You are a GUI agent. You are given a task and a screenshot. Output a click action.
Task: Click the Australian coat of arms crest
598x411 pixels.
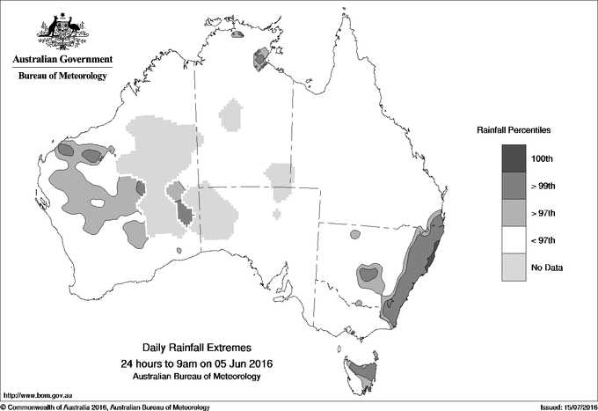coord(62,31)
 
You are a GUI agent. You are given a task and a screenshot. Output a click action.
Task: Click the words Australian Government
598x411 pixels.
coord(62,60)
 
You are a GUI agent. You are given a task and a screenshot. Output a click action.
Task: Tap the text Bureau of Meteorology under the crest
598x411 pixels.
coord(62,77)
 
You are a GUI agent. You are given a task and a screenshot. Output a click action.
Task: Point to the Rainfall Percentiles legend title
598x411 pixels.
coord(514,129)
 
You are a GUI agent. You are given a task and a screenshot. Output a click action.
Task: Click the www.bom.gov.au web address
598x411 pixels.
coord(35,395)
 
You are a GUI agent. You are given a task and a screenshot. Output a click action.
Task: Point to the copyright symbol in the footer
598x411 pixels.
coord(4,406)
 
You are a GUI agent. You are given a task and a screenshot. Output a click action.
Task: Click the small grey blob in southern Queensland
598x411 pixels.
coord(355,235)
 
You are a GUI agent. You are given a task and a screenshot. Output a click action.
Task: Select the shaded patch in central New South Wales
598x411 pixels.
coord(370,275)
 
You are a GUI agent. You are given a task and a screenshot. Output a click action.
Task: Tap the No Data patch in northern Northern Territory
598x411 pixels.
coord(233,115)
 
